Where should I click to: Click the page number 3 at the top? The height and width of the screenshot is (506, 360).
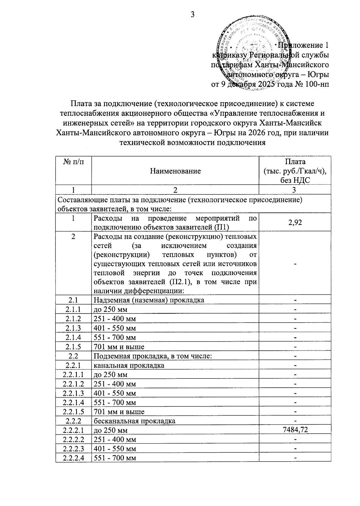click(x=193, y=14)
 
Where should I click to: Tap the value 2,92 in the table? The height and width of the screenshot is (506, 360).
click(x=295, y=222)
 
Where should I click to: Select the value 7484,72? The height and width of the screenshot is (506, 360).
click(x=295, y=430)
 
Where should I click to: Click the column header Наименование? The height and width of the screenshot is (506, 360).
click(x=175, y=171)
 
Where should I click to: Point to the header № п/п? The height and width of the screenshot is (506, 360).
click(x=73, y=162)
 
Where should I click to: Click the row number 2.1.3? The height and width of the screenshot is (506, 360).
click(x=73, y=328)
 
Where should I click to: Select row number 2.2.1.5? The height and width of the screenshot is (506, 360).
click(x=73, y=411)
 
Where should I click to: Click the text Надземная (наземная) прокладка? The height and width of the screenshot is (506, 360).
click(x=149, y=300)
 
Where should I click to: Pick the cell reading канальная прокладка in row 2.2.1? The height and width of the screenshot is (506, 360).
click(x=129, y=365)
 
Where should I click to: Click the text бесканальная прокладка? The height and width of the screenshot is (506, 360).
click(x=134, y=421)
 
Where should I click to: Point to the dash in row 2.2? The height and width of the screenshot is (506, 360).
click(x=295, y=356)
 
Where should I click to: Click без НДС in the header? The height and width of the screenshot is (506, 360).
click(x=295, y=180)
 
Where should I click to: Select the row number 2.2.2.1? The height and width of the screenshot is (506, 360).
click(x=73, y=430)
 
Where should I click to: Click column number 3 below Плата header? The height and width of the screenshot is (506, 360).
click(x=295, y=190)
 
